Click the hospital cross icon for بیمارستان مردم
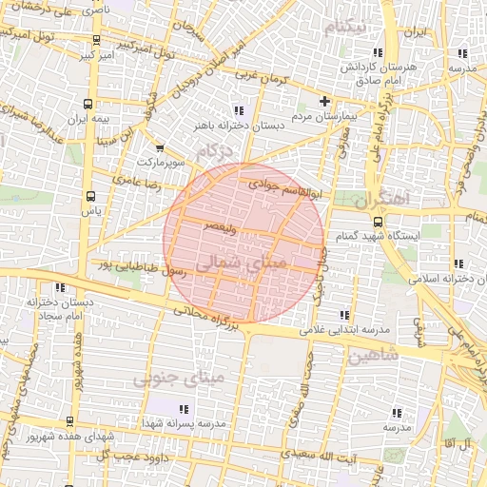tap(324, 101)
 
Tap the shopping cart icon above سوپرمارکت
tap(159, 147)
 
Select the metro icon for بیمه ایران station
tap(88, 104)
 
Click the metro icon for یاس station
tap(90, 196)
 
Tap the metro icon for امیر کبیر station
tap(96, 41)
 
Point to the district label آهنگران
tap(380, 201)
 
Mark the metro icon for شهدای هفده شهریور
tap(69, 421)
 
